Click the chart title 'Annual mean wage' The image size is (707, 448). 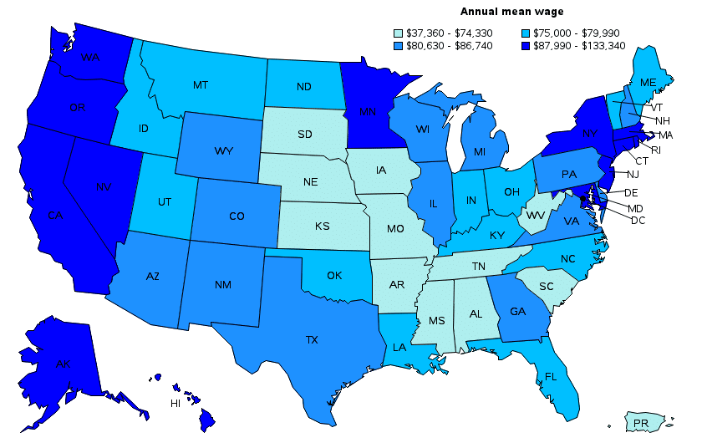511,12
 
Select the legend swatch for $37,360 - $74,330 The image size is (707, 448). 398,33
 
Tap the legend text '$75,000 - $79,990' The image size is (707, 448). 572,33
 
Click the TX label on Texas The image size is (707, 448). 312,340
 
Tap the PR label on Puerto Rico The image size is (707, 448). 640,424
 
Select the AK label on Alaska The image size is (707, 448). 63,364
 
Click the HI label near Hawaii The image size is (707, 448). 175,403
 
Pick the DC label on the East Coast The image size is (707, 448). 638,220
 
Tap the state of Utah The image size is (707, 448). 165,202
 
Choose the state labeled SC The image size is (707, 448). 547,286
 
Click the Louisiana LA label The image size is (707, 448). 399,347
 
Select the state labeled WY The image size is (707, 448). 223,151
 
